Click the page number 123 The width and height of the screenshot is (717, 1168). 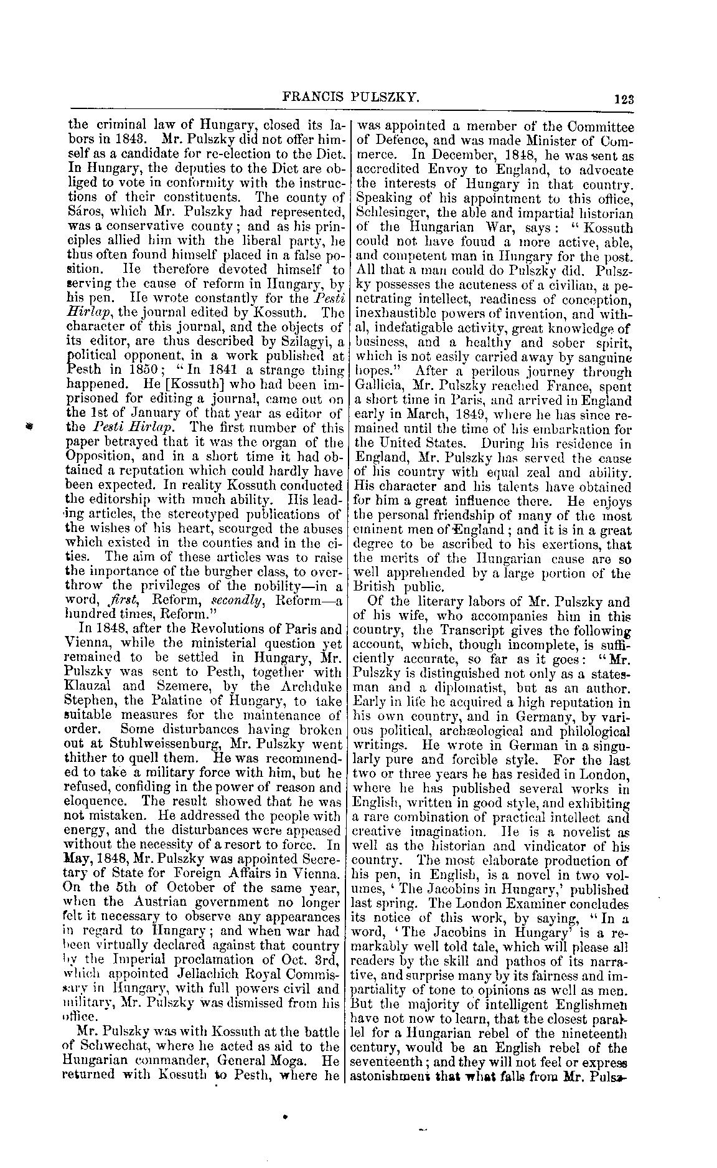(622, 98)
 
